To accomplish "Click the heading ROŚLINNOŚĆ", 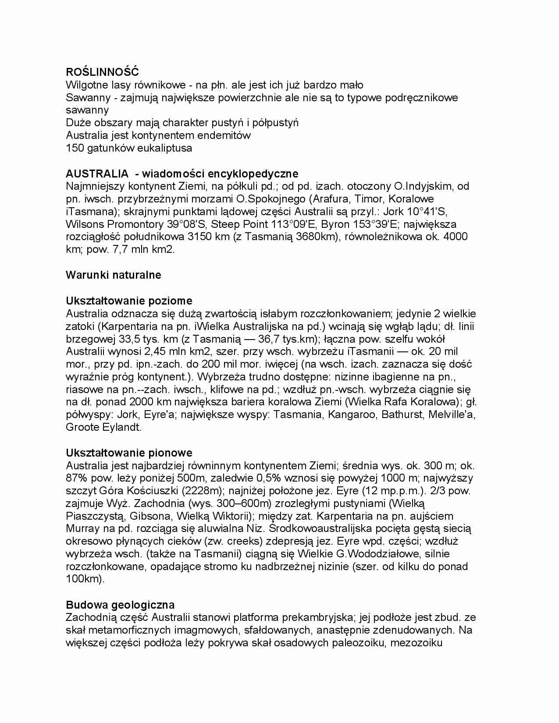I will tap(102, 72).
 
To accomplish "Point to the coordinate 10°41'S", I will tap(427, 212).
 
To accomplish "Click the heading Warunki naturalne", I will tap(113, 275).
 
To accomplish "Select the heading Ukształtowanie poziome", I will tap(129, 301).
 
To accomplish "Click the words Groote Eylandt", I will tap(103, 427).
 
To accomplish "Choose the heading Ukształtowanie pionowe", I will tap(129, 453).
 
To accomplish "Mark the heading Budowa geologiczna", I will tap(120, 605).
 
